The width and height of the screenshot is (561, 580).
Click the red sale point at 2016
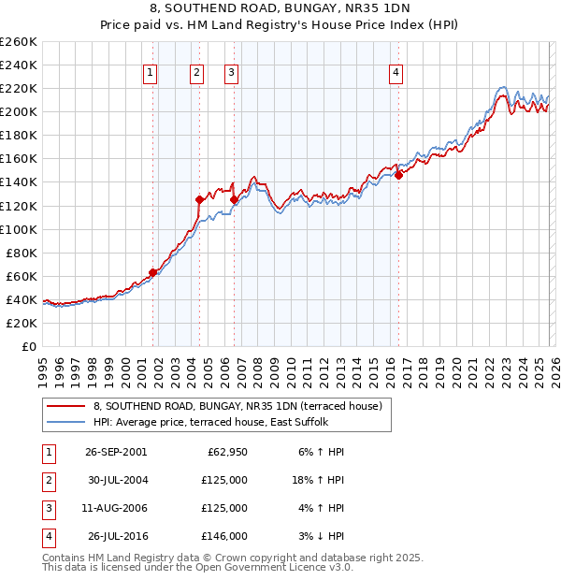click(398, 174)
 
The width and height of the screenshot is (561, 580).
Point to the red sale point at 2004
click(199, 199)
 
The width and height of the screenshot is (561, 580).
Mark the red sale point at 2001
click(152, 272)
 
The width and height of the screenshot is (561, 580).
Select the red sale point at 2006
click(233, 199)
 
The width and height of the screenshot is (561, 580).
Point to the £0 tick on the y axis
click(30, 346)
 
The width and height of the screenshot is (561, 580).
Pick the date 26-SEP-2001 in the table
click(116, 452)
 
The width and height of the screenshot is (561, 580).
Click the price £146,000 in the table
click(224, 536)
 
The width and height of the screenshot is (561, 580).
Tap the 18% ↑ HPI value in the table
click(318, 480)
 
